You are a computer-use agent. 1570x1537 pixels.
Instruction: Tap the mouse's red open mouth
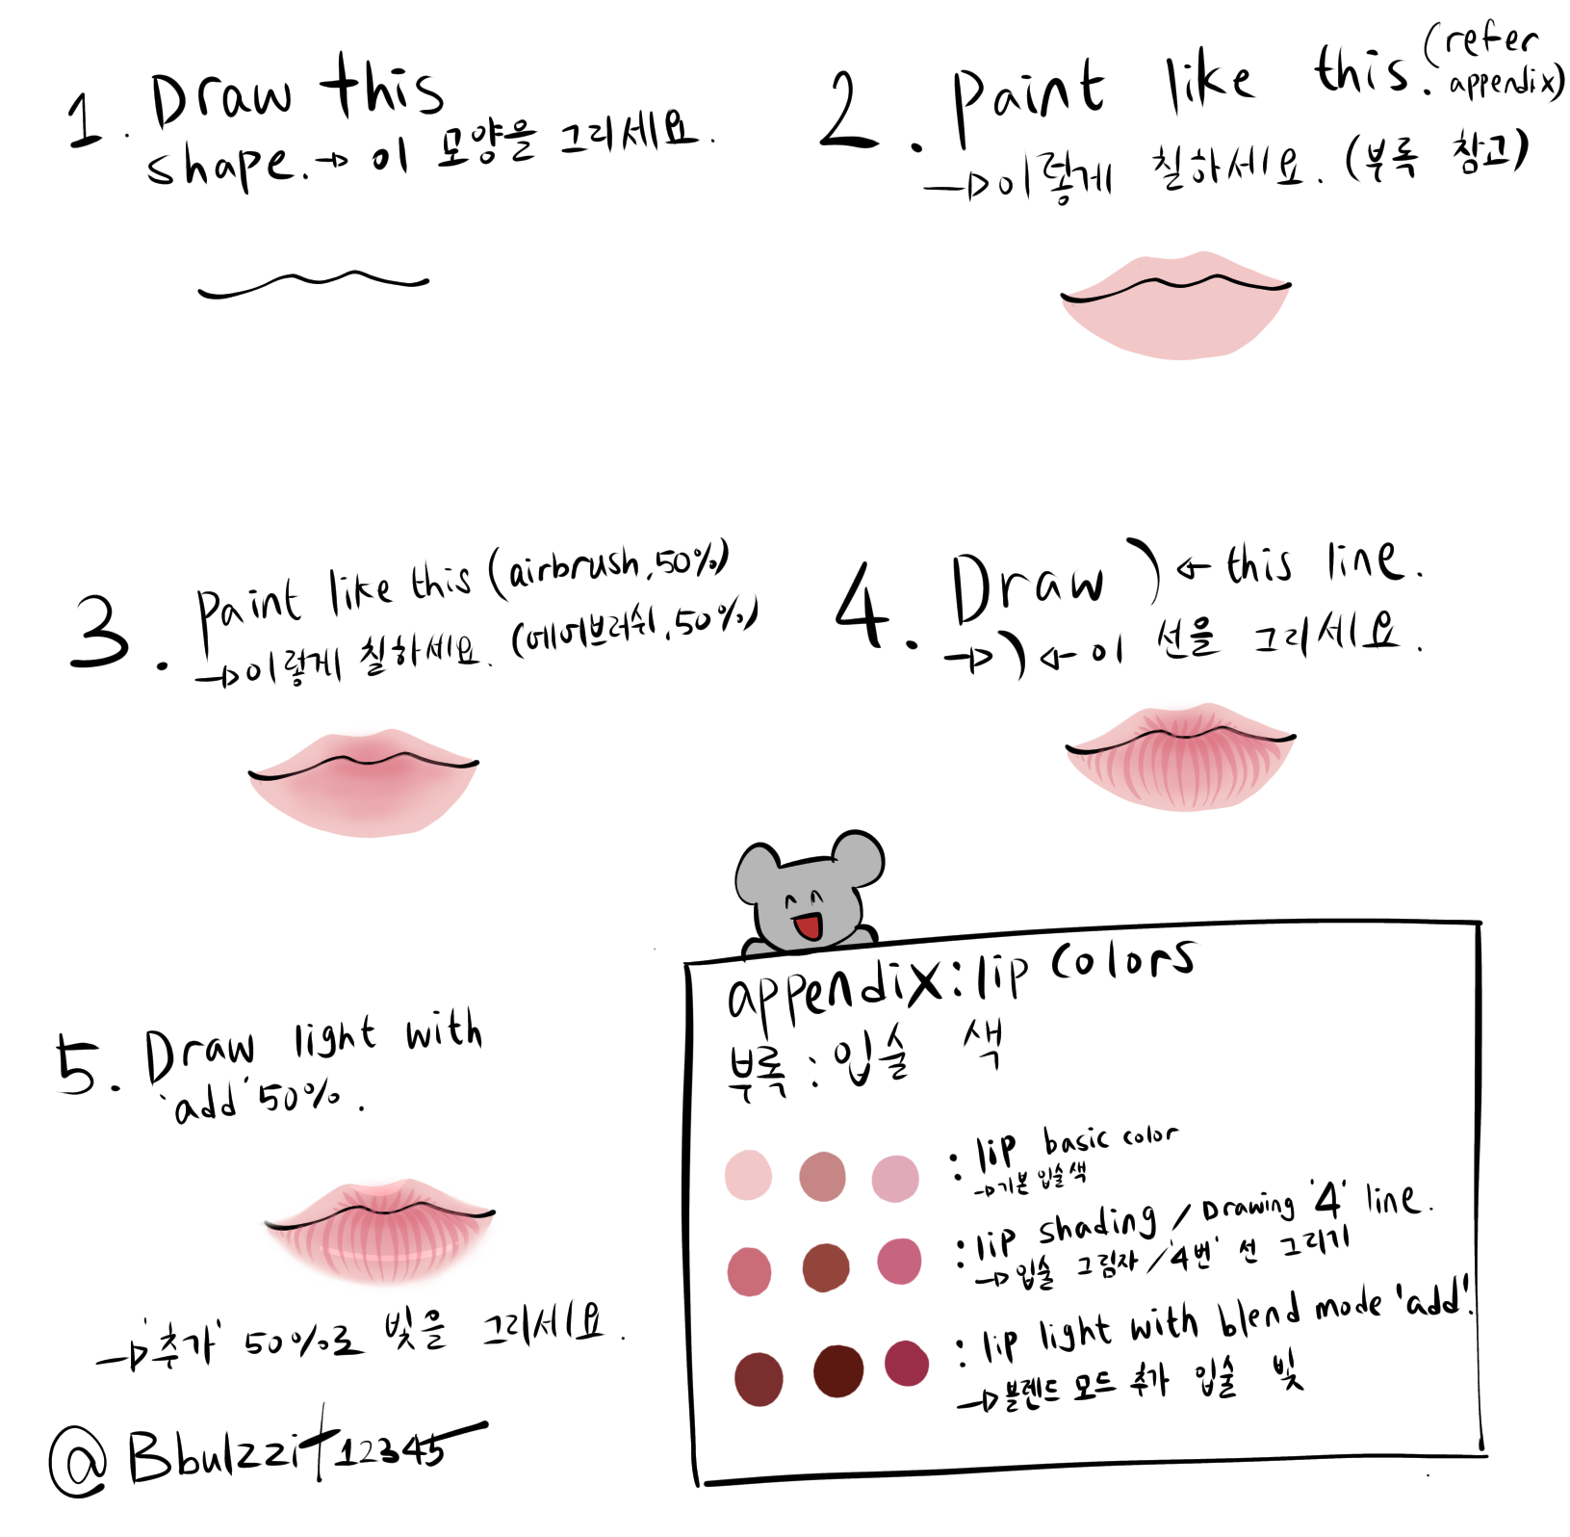tap(807, 927)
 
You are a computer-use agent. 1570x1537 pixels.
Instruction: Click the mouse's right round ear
tap(858, 858)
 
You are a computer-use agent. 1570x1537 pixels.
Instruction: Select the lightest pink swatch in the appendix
tap(748, 1175)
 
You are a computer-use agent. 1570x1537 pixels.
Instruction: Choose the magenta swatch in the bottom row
tap(906, 1363)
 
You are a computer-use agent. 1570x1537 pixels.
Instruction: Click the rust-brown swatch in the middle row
tap(826, 1267)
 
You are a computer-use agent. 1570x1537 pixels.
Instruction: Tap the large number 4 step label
tap(862, 607)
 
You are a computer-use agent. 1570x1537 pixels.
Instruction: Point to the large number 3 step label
tap(100, 632)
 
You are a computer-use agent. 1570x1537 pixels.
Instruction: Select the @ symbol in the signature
tap(78, 1460)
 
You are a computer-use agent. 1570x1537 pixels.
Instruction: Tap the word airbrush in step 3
tap(574, 566)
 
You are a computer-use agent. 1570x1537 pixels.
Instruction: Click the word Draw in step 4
tap(1026, 586)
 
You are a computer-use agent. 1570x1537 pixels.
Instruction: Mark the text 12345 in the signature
tap(390, 1450)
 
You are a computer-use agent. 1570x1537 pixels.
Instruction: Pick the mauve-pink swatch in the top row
tap(895, 1179)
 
